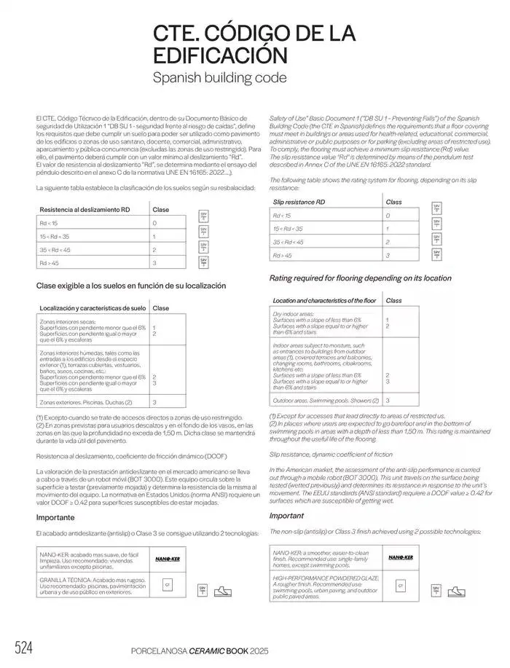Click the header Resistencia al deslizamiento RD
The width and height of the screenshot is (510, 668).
click(x=85, y=210)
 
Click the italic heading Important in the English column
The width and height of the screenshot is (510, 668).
click(x=286, y=515)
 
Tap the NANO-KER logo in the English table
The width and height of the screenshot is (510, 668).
click(x=400, y=557)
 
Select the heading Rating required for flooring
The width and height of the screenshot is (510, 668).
click(x=360, y=278)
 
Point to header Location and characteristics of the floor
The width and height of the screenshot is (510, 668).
click(x=324, y=300)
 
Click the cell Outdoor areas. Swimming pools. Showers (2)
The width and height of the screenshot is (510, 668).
click(x=325, y=400)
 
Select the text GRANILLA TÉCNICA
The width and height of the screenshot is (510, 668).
click(x=66, y=580)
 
